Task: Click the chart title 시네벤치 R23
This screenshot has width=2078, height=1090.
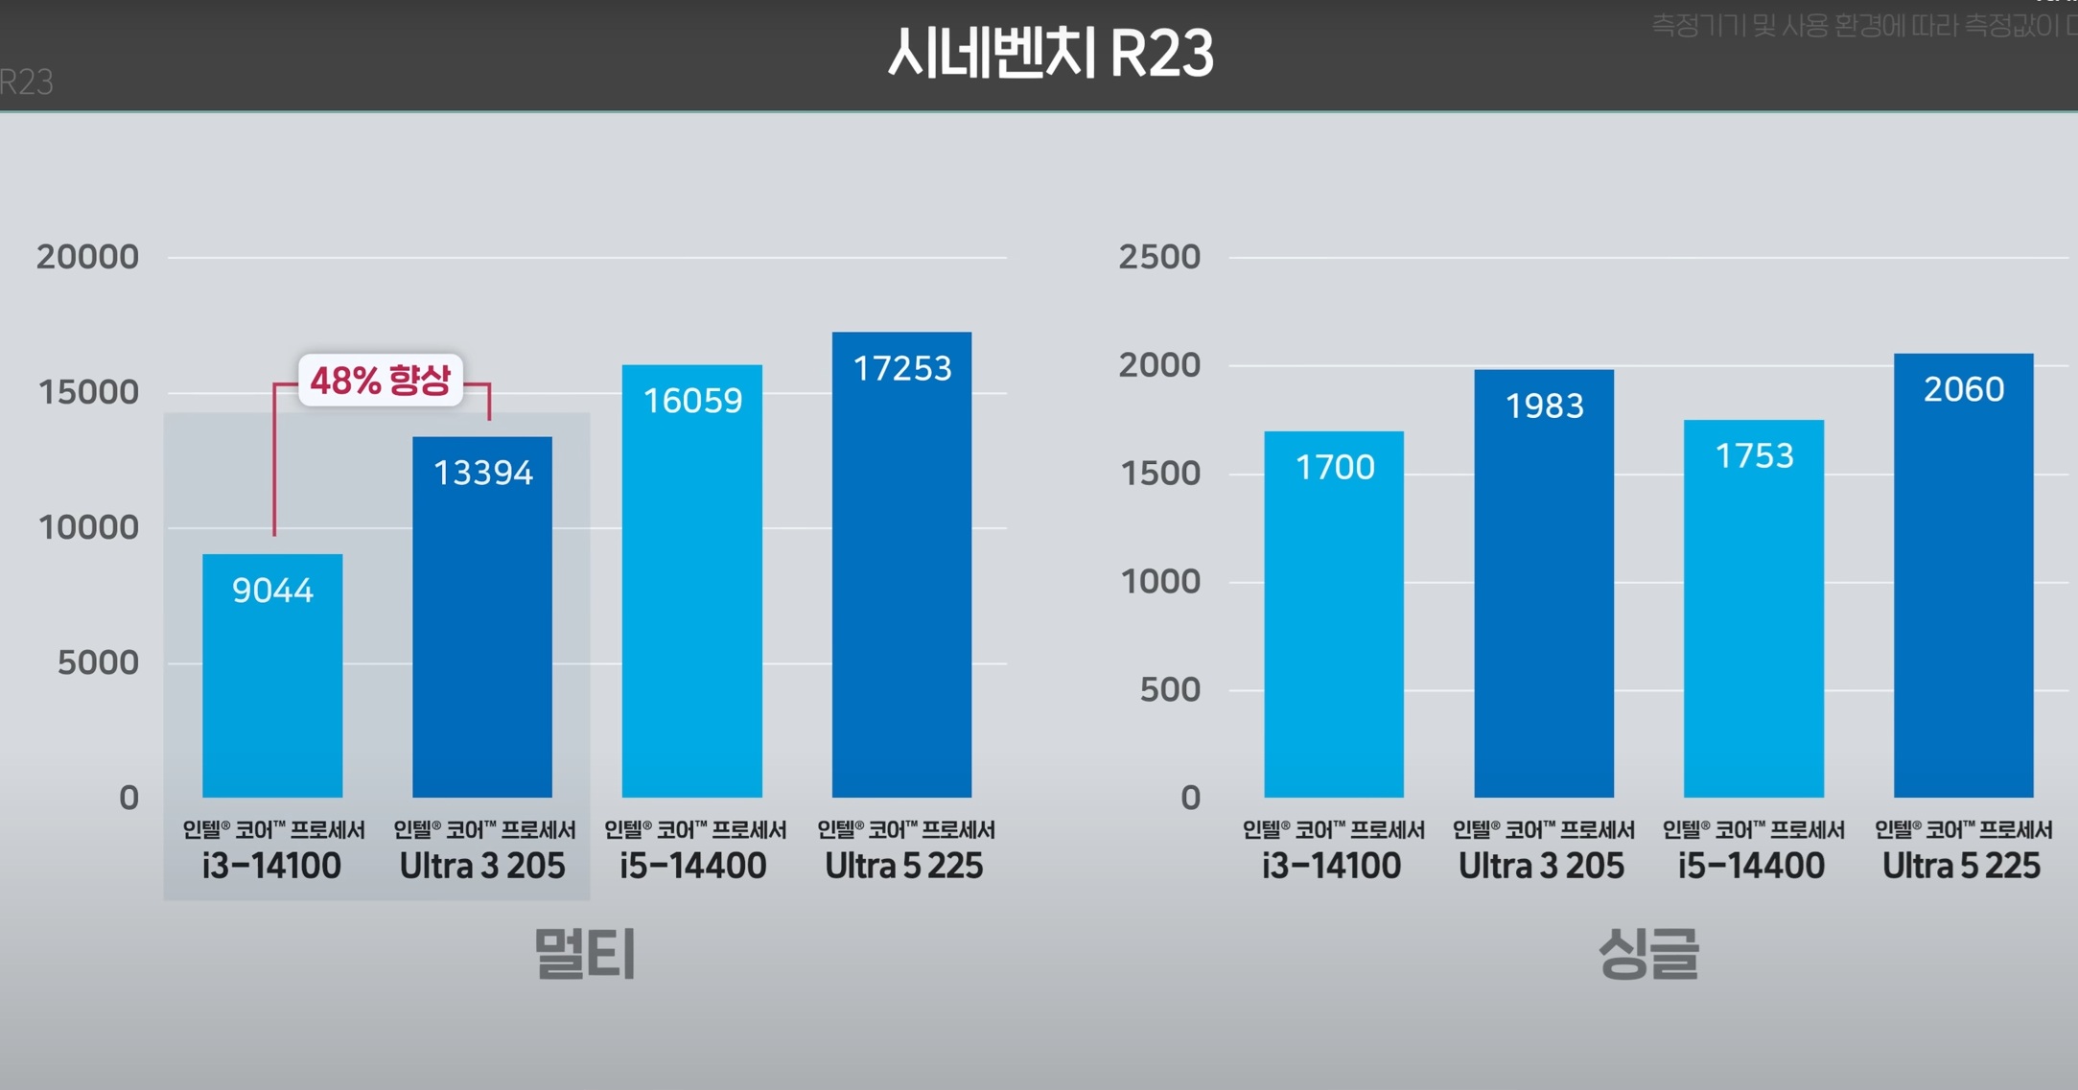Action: pos(1050,54)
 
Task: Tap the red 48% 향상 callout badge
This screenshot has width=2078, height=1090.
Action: pos(381,381)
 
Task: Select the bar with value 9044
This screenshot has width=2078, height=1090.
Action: pos(272,676)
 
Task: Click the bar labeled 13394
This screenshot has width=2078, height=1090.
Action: pos(482,618)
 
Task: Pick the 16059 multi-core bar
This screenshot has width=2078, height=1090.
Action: pos(692,582)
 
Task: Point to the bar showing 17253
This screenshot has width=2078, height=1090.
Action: pos(901,566)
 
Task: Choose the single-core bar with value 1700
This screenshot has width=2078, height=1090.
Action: pos(1334,615)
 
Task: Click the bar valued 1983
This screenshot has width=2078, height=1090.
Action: pos(1544,585)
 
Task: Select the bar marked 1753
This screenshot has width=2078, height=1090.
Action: pos(1754,610)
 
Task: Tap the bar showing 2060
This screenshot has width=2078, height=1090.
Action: pos(1963,576)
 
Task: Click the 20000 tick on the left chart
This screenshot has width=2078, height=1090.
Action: pos(87,257)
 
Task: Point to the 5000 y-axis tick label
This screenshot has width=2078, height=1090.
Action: pos(98,662)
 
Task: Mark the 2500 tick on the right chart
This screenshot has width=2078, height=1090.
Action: pos(1159,257)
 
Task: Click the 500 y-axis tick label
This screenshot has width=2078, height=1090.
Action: pos(1170,689)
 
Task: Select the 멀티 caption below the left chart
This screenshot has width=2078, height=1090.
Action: pos(585,954)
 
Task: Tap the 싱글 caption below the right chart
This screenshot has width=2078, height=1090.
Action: pos(1648,954)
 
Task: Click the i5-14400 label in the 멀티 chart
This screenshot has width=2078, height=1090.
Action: pos(693,866)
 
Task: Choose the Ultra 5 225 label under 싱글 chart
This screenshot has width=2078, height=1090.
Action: pos(1961,866)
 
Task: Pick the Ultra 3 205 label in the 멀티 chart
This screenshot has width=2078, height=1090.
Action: pos(482,866)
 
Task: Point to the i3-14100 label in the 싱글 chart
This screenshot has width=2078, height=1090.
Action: pos(1331,866)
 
